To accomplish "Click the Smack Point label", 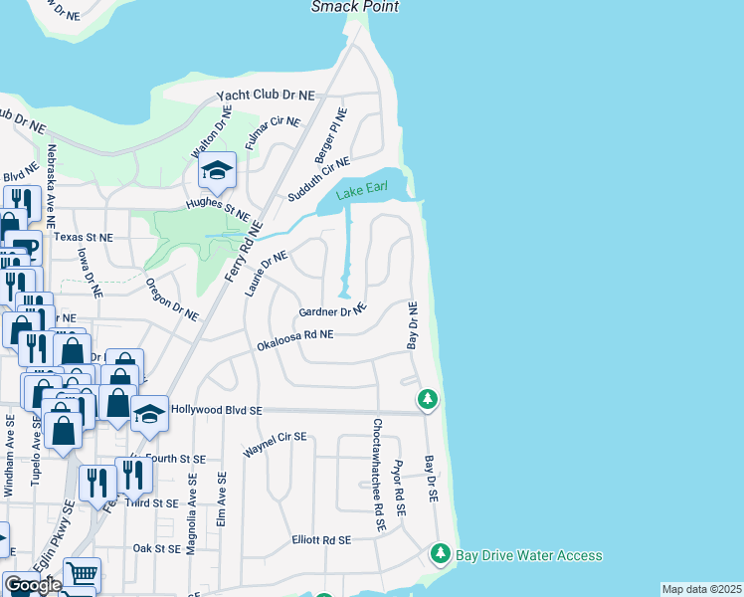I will pos(355,7).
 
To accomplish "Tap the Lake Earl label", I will pos(359,193).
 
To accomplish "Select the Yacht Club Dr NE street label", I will pos(266,96).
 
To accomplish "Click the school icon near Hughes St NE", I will pos(216,171).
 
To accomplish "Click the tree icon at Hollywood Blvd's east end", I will pos(428,399).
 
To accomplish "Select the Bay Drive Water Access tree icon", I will pos(440,553).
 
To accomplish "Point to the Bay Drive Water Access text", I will pos(528,554).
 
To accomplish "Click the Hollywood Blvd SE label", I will pos(216,409).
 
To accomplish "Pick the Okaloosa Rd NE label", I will pos(293,340).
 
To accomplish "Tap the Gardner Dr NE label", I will pos(333,312).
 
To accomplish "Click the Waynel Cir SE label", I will pos(276,445).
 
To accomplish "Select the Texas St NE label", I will pos(84,238).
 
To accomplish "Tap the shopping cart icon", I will pos(83,575).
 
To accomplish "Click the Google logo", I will pos(32,584).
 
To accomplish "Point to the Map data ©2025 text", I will pos(701,589).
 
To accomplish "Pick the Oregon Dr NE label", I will pos(172,298).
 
